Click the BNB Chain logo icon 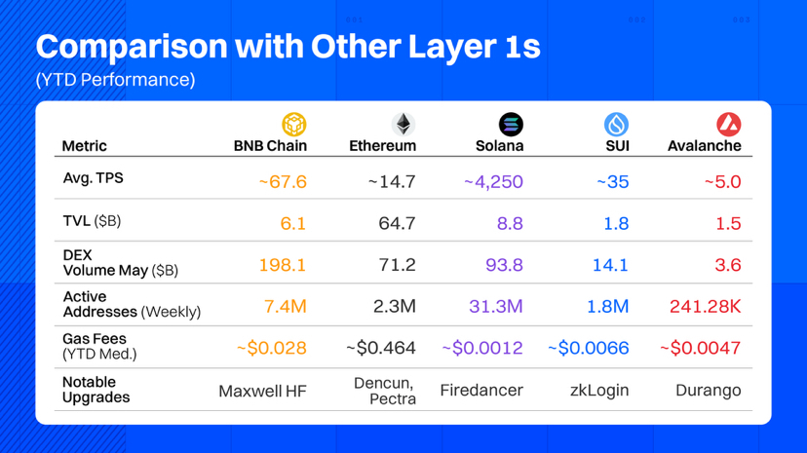[294, 124]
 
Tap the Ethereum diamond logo [403, 124]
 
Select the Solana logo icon [511, 124]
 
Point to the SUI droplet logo [616, 124]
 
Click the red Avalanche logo [728, 124]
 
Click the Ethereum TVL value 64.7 [397, 223]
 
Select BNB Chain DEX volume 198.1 [283, 265]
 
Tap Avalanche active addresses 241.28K [705, 307]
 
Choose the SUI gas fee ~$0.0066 [588, 348]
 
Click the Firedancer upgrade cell [481, 391]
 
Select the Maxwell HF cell [263, 391]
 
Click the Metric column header [85, 146]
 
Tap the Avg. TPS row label [94, 179]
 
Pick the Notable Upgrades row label [96, 390]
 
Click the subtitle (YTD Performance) [115, 80]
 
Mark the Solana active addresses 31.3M [495, 307]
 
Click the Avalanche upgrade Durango [709, 391]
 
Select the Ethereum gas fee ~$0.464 [382, 348]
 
